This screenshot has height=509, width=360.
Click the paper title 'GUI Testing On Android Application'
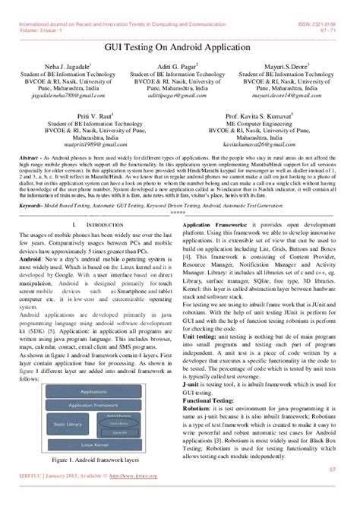180,46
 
